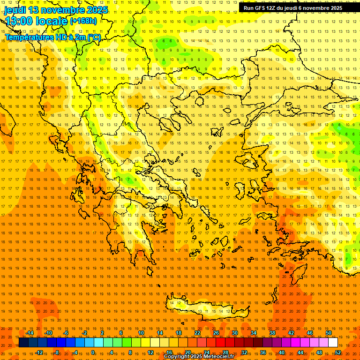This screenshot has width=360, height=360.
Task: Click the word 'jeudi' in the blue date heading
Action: [15, 10]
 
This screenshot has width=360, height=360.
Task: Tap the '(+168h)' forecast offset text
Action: [83, 21]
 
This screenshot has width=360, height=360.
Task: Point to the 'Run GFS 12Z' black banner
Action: [293, 8]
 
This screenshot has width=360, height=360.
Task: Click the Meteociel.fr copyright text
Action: [199, 357]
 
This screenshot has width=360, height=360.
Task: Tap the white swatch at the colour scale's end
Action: [333, 342]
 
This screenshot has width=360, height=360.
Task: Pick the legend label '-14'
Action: [30, 333]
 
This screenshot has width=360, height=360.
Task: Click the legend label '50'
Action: [329, 333]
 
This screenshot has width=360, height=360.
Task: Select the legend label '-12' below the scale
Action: [39, 352]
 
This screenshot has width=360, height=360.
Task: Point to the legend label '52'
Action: [338, 352]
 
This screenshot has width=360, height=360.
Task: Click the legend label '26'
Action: [216, 333]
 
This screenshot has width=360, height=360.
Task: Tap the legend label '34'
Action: [254, 333]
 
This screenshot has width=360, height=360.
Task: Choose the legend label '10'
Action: [141, 333]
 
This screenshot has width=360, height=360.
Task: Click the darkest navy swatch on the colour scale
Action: [23, 342]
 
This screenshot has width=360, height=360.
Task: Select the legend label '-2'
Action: [84, 333]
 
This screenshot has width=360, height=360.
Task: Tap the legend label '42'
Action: [291, 333]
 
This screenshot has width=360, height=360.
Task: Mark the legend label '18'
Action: [179, 333]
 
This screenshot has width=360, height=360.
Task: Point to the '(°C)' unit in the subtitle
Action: [93, 37]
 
